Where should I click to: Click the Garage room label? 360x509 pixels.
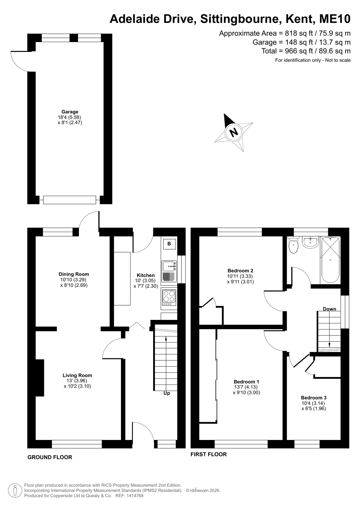(x=70, y=111)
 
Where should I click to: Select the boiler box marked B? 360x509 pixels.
(x=169, y=244)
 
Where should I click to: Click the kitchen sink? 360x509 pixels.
(x=169, y=271)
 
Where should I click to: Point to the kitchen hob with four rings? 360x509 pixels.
(x=169, y=297)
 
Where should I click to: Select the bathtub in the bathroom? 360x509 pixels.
(x=330, y=260)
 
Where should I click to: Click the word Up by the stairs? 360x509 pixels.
(x=166, y=393)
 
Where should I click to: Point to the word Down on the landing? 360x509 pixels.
(x=329, y=309)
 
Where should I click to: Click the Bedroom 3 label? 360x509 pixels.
(x=314, y=398)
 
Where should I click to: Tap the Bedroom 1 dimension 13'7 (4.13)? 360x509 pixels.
(x=246, y=387)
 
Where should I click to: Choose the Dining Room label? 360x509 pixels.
(x=74, y=274)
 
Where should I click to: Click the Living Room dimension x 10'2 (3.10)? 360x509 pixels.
(x=77, y=386)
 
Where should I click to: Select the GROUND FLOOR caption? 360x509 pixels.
(x=50, y=457)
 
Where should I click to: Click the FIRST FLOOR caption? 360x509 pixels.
(x=208, y=454)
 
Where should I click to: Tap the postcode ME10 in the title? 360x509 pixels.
(x=335, y=19)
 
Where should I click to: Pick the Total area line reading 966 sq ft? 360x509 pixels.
(x=306, y=51)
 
